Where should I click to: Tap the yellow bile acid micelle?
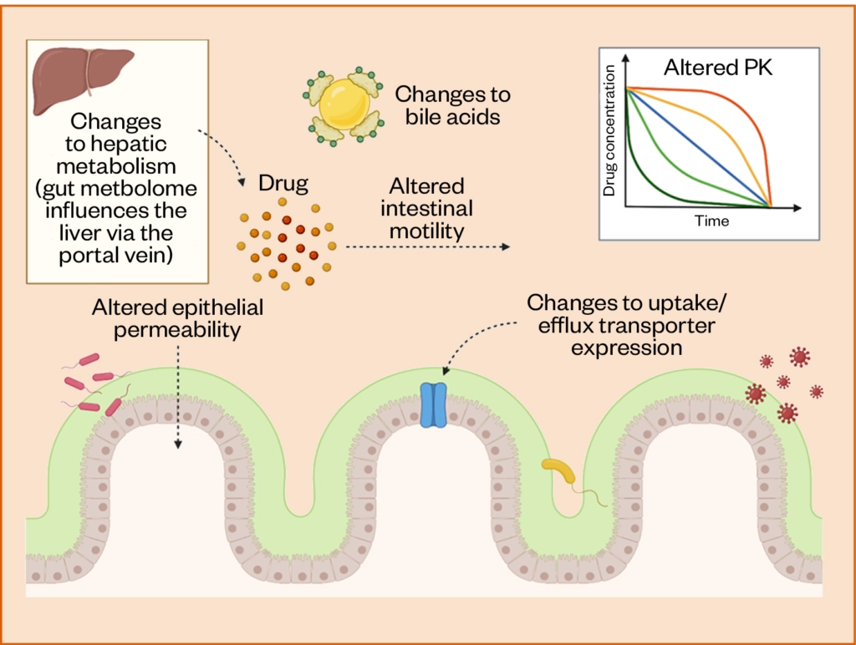343,104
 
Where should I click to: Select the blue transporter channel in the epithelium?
433,405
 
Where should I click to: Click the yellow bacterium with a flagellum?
559,472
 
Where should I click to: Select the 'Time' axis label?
711,221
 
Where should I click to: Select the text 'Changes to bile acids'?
451,105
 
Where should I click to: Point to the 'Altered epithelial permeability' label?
177,318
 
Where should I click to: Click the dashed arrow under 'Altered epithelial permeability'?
177,393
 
